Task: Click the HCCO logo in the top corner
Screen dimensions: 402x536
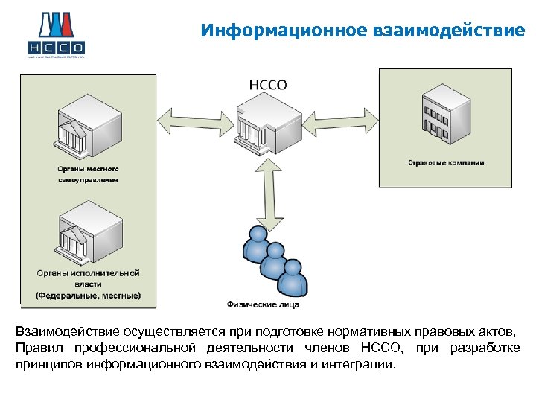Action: coord(57,34)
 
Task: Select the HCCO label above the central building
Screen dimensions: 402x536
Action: coord(267,84)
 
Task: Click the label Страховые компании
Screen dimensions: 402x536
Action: coord(446,162)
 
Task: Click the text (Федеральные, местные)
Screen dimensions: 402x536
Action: coord(88,295)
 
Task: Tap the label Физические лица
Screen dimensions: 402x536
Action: coord(263,304)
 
